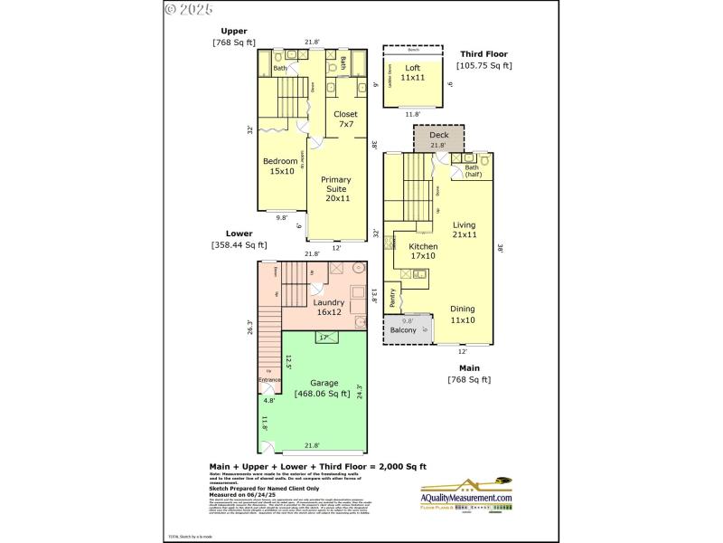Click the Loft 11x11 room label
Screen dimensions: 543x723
(413, 72)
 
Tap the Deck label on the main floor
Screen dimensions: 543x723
(438, 135)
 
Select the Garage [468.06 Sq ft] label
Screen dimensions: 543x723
(324, 387)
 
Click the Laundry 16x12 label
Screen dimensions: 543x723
(329, 308)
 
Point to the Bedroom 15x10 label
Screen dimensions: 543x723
(280, 166)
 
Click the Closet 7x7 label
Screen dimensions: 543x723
(345, 119)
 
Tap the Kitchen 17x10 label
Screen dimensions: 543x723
(423, 251)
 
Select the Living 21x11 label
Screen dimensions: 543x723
(465, 230)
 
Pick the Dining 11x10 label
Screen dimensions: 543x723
(463, 314)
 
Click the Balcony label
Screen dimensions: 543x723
(403, 330)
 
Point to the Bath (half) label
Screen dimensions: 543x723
(472, 171)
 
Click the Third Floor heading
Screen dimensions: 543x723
(485, 53)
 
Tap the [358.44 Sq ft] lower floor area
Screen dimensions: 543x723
(239, 244)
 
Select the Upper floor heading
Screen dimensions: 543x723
(234, 31)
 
